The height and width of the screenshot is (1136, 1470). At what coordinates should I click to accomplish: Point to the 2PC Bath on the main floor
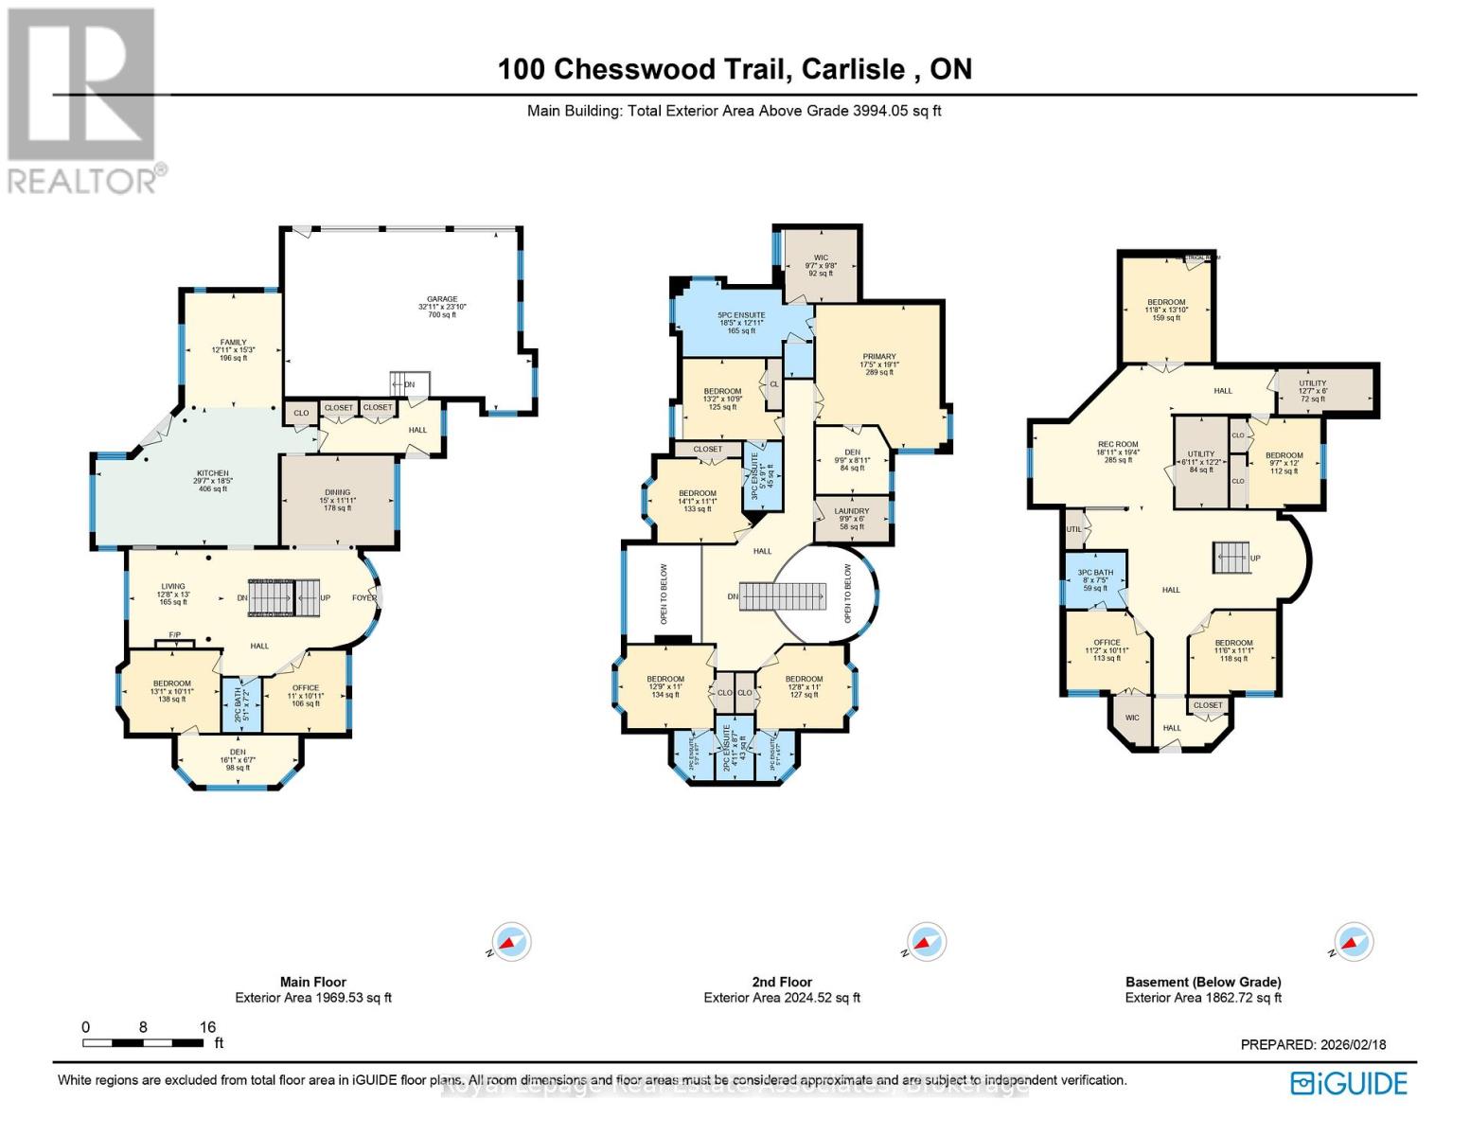point(240,704)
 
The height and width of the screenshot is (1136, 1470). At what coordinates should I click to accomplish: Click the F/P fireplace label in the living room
point(175,635)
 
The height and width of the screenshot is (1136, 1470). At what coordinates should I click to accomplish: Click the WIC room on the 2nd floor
point(821,265)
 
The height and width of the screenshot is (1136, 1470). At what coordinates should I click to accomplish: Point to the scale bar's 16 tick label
point(207,1027)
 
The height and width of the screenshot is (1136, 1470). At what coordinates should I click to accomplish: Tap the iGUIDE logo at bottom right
point(1349,1083)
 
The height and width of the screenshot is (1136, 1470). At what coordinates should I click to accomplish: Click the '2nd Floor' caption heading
point(782,982)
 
